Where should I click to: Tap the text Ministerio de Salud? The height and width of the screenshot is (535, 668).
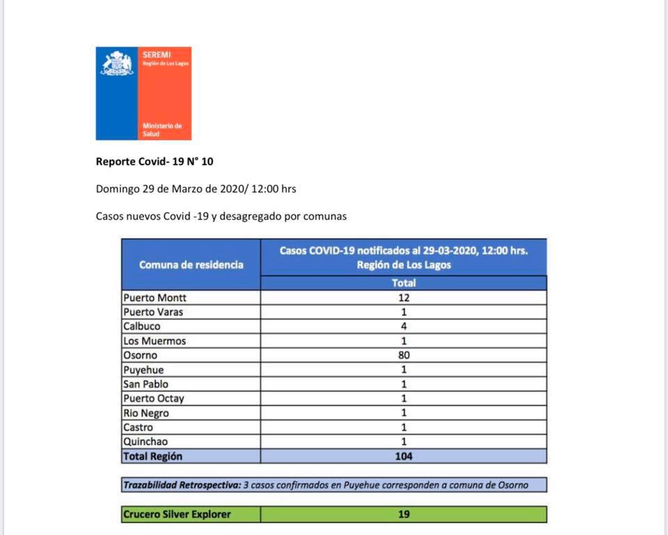click(x=161, y=130)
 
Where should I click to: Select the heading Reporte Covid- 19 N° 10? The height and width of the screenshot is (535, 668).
click(x=154, y=162)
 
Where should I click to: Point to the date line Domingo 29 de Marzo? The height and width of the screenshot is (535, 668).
click(x=200, y=189)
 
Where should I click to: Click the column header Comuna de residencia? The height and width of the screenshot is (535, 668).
click(x=191, y=265)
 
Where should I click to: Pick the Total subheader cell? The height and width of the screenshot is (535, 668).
click(x=404, y=283)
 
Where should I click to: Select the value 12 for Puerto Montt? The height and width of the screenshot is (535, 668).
click(x=404, y=297)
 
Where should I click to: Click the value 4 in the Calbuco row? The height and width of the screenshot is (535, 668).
click(x=404, y=326)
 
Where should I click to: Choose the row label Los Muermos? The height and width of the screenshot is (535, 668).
click(x=154, y=341)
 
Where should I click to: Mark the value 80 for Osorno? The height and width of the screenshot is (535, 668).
click(x=404, y=355)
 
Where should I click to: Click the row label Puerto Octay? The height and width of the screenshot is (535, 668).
click(x=154, y=398)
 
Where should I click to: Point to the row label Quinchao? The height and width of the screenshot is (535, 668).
click(x=145, y=442)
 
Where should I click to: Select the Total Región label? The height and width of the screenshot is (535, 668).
click(x=153, y=456)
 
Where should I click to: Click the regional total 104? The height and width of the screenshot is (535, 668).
click(x=404, y=456)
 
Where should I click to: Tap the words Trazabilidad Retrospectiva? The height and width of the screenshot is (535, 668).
click(x=182, y=485)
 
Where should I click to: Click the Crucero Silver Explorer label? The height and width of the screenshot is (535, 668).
click(x=177, y=514)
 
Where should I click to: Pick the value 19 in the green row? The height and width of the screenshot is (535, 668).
click(x=404, y=514)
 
